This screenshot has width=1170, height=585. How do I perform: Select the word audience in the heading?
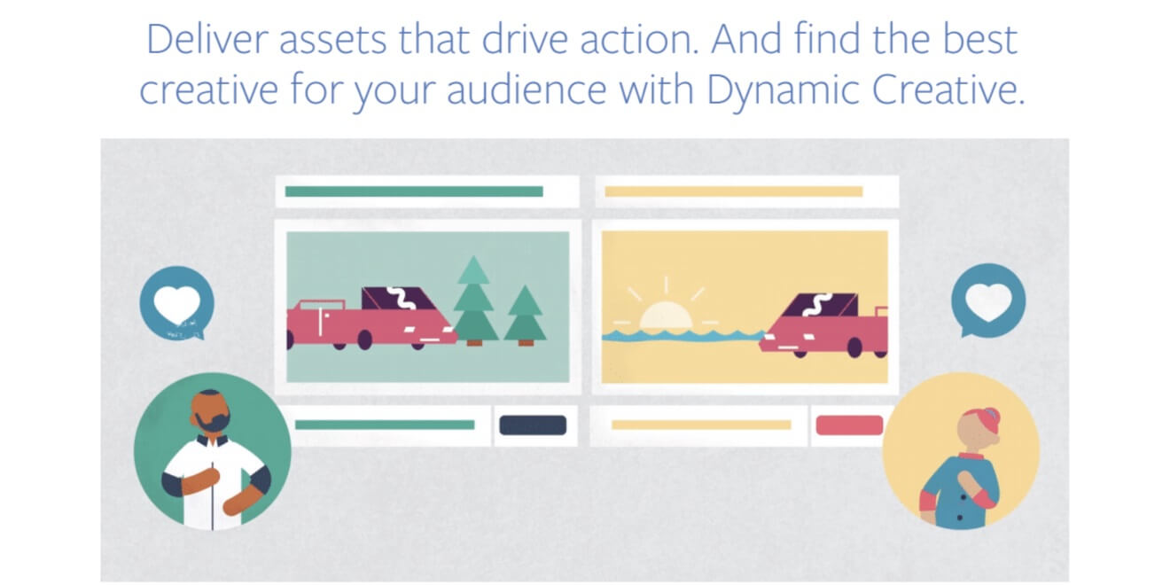point(526,90)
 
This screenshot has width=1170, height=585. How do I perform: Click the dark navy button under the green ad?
point(533,425)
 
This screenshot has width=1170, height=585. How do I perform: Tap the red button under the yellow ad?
point(849,425)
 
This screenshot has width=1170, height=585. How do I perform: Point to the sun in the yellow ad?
point(666,315)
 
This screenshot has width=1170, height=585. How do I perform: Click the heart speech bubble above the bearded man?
point(177,303)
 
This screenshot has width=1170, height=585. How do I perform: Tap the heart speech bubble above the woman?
point(988,300)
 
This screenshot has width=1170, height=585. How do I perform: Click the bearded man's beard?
point(213,421)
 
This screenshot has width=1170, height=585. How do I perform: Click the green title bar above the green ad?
point(414,191)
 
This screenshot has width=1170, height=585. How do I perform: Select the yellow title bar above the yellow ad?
point(734,191)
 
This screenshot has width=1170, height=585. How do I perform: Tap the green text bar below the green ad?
point(385,425)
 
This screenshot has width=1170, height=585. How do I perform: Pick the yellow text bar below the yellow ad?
point(701,425)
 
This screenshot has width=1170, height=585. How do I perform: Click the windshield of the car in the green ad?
point(400,298)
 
